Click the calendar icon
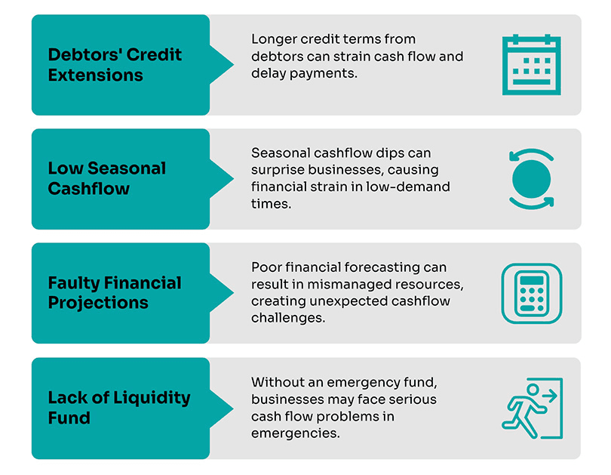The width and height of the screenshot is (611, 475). pyautogui.click(x=532, y=65)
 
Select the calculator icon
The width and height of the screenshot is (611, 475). pyautogui.click(x=532, y=293)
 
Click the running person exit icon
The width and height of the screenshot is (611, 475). pyautogui.click(x=533, y=409)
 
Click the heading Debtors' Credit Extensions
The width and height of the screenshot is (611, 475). pyautogui.click(x=115, y=65)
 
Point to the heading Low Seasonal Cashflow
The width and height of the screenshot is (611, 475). pyautogui.click(x=107, y=178)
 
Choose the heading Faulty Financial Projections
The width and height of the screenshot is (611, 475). pyautogui.click(x=115, y=292)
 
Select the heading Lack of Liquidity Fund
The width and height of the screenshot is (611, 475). pyautogui.click(x=119, y=407)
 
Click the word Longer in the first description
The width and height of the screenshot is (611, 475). pyautogui.click(x=275, y=39)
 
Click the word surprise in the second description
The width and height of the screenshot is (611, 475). pyautogui.click(x=278, y=170)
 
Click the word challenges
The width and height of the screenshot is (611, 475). pyautogui.click(x=288, y=318)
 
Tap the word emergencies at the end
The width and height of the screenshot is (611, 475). pyautogui.click(x=296, y=433)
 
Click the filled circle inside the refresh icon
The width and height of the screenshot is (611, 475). pyautogui.click(x=532, y=179)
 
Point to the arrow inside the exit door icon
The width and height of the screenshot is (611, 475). pyautogui.click(x=550, y=396)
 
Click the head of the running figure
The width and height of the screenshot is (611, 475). pyautogui.click(x=533, y=389)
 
